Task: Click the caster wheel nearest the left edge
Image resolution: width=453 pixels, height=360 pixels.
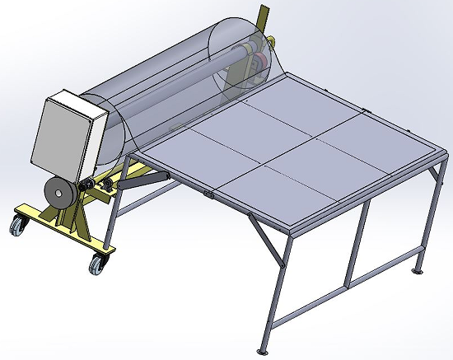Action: pyautogui.click(x=16, y=224)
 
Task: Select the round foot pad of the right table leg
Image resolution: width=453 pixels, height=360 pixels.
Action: pyautogui.click(x=419, y=269)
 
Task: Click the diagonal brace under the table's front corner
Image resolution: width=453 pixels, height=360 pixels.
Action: pyautogui.click(x=265, y=240)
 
